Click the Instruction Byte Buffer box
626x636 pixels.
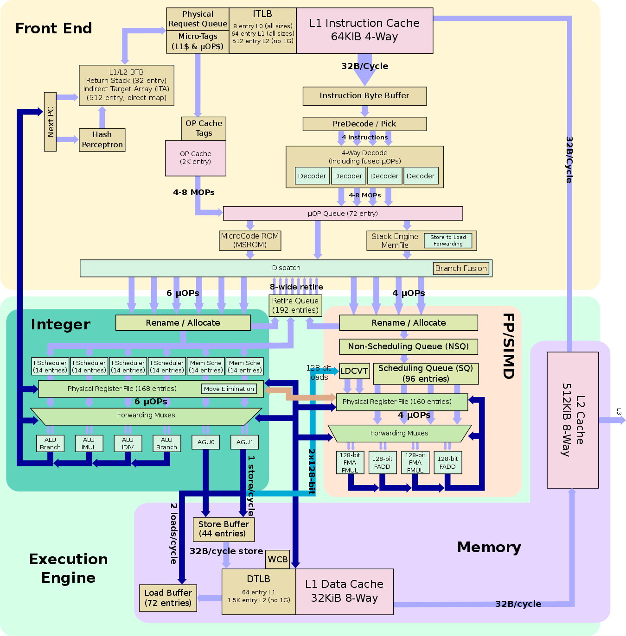[x=364, y=96]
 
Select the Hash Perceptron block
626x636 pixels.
[x=102, y=140]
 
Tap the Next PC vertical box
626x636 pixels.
[x=50, y=122]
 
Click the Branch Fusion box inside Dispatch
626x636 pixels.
[x=461, y=268]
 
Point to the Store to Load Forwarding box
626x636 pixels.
[x=448, y=240]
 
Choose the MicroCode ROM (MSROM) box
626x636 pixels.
[x=250, y=240]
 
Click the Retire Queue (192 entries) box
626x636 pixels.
[x=295, y=305]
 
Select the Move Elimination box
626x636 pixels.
[x=229, y=389]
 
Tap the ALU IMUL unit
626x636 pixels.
[x=89, y=443]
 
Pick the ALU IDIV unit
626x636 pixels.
[x=128, y=443]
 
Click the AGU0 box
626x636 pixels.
[x=206, y=442]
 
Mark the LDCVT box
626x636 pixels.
[x=354, y=371]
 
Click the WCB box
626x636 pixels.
[x=278, y=559]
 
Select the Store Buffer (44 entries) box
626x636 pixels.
[x=224, y=529]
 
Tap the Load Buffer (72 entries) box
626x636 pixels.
[x=168, y=598]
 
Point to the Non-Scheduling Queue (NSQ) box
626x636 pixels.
[x=408, y=346]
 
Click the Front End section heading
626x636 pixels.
[x=54, y=28]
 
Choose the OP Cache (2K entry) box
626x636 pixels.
[x=196, y=158]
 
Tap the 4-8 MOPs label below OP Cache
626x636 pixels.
[x=194, y=192]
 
